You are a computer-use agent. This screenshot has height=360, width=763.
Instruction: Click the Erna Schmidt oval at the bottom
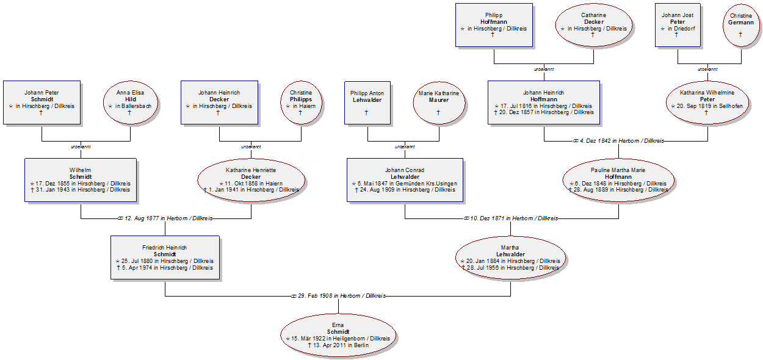click(x=338, y=335)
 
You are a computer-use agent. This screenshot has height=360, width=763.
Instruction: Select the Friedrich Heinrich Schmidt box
click(x=165, y=257)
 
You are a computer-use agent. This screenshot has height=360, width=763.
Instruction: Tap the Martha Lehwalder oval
click(x=510, y=258)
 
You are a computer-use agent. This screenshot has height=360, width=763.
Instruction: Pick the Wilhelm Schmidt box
click(x=81, y=180)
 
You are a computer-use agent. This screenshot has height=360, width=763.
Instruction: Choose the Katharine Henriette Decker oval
click(x=251, y=180)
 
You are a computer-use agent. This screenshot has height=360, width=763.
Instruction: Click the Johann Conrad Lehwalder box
click(x=405, y=180)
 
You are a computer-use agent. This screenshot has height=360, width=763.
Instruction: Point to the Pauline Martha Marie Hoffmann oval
click(x=618, y=180)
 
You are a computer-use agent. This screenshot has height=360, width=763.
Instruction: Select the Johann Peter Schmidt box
click(x=42, y=103)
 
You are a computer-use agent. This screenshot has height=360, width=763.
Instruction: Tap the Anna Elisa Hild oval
click(x=131, y=103)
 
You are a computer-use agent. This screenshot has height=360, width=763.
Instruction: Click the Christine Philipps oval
click(x=301, y=103)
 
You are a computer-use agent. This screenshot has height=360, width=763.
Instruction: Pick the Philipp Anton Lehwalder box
click(x=367, y=103)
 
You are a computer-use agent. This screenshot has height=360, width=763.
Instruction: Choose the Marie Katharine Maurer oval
click(x=439, y=103)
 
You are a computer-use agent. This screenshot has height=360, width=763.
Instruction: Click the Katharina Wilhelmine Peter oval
click(x=707, y=103)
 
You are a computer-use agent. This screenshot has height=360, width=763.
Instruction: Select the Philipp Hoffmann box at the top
click(x=494, y=25)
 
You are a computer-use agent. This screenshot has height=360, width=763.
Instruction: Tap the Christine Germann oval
click(x=741, y=26)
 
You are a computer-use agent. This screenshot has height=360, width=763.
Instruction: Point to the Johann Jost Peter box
click(x=678, y=25)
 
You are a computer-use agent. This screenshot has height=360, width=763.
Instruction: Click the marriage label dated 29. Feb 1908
click(x=339, y=296)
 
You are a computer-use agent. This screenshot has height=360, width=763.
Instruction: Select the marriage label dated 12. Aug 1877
click(x=165, y=218)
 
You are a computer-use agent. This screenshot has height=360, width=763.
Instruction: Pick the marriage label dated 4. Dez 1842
click(x=618, y=141)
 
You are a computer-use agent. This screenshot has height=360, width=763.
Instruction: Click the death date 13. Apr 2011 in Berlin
click(x=338, y=345)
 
